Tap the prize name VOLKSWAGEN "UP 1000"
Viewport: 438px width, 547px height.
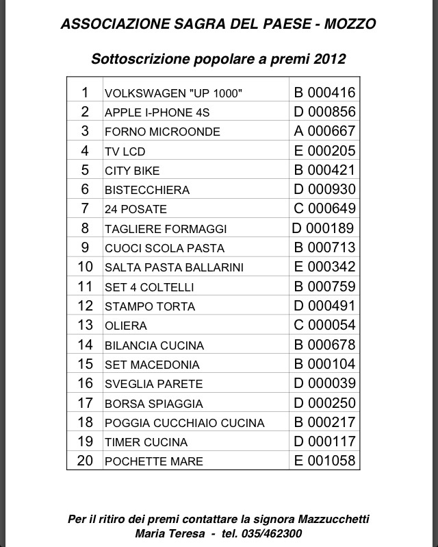click(x=173, y=93)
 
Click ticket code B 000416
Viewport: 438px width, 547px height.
click(x=324, y=93)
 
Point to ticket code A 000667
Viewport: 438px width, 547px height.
click(x=324, y=131)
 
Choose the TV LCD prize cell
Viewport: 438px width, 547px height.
click(x=125, y=151)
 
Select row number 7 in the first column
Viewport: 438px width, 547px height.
click(x=85, y=208)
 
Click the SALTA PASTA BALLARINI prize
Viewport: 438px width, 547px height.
click(x=174, y=267)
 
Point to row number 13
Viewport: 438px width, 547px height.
click(x=85, y=325)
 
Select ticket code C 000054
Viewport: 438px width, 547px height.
click(x=324, y=325)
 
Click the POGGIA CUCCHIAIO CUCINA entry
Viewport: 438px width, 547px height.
click(x=184, y=423)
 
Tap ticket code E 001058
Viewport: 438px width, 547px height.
click(x=324, y=461)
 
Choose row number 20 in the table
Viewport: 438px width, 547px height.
click(x=85, y=461)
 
